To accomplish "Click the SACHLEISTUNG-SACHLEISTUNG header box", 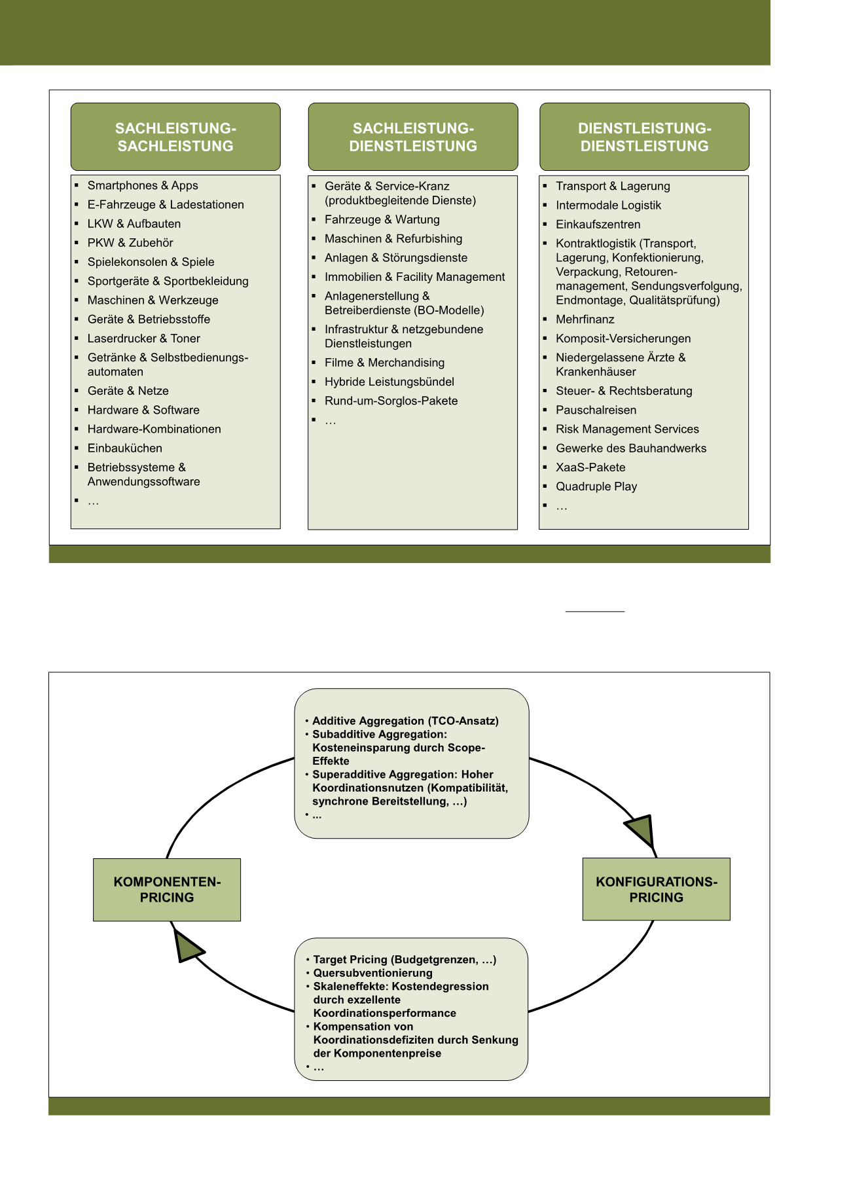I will (x=175, y=137).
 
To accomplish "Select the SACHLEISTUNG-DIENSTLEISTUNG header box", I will (x=413, y=137).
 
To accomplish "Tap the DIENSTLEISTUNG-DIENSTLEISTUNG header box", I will (x=644, y=137).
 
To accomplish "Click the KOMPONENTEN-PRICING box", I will (x=167, y=890).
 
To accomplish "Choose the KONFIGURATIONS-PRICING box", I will (x=656, y=889).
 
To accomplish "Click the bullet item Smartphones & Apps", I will (x=143, y=185).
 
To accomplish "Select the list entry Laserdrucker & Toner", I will (x=144, y=338).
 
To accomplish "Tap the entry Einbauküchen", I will (x=125, y=448).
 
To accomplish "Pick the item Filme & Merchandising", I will (x=384, y=363).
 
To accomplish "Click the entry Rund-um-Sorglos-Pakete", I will (x=391, y=401).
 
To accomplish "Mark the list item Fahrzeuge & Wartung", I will (x=382, y=220).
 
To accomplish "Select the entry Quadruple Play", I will (x=596, y=486).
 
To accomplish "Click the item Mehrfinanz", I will (x=585, y=319).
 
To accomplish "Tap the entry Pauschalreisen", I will (x=596, y=410).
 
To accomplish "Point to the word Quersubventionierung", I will (x=372, y=973).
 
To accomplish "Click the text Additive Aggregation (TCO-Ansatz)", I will (x=405, y=721).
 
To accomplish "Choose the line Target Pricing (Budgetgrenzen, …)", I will (x=405, y=960).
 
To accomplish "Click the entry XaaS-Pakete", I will (x=590, y=467).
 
